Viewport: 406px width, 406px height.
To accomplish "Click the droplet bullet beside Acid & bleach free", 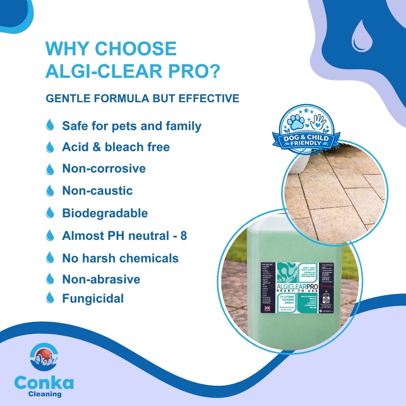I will tap(50, 147).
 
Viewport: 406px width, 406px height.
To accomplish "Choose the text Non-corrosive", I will tap(104, 168).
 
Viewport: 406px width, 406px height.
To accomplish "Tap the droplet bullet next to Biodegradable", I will tap(50, 213).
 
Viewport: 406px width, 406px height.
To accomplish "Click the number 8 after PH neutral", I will tap(183, 236).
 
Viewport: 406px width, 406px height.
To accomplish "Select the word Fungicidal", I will tap(93, 298).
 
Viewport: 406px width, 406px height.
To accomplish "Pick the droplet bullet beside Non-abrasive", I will tap(50, 279).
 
